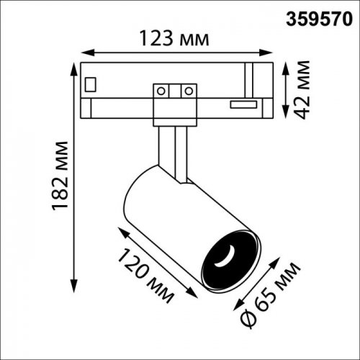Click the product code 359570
pyautogui.click(x=319, y=19)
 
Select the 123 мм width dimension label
pyautogui.click(x=174, y=38)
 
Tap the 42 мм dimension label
pyautogui.click(x=302, y=90)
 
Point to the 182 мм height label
pyautogui.click(x=60, y=176)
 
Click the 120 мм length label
pyautogui.click(x=146, y=276)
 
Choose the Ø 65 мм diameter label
pyautogui.click(x=270, y=295)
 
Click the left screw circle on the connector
pyautogui.click(x=161, y=91)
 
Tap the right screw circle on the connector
pyautogui.click(x=189, y=91)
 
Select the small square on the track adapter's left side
pyautogui.click(x=91, y=84)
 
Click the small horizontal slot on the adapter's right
pyautogui.click(x=243, y=104)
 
